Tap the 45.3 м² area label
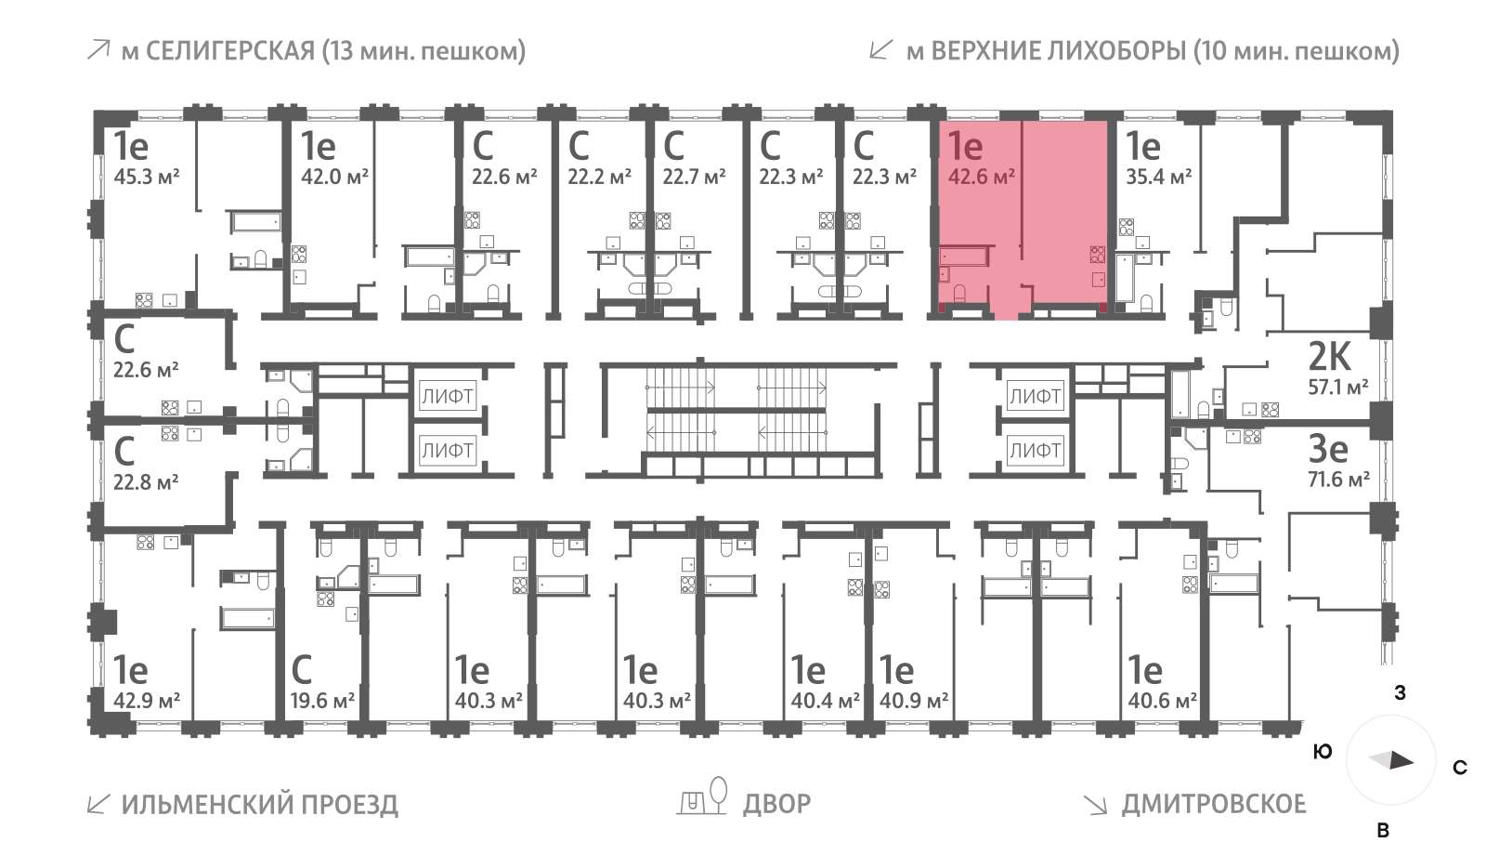click(146, 177)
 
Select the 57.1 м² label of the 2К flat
click(1337, 388)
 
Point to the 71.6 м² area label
click(1338, 480)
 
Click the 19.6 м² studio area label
click(322, 701)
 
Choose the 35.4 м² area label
click(1158, 177)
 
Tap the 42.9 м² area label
click(146, 701)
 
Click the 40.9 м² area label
click(914, 701)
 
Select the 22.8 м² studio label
click(146, 482)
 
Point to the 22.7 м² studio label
click(694, 177)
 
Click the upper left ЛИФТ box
click(448, 396)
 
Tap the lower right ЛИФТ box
click(1035, 451)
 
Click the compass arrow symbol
click(1391, 760)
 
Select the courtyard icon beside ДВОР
click(703, 796)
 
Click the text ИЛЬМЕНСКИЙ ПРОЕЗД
click(259, 804)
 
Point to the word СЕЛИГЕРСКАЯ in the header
click(230, 50)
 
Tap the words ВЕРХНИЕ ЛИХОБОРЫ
click(1058, 50)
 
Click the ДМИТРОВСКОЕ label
click(1213, 804)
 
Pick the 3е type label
click(1328, 449)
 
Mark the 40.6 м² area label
click(1162, 701)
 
